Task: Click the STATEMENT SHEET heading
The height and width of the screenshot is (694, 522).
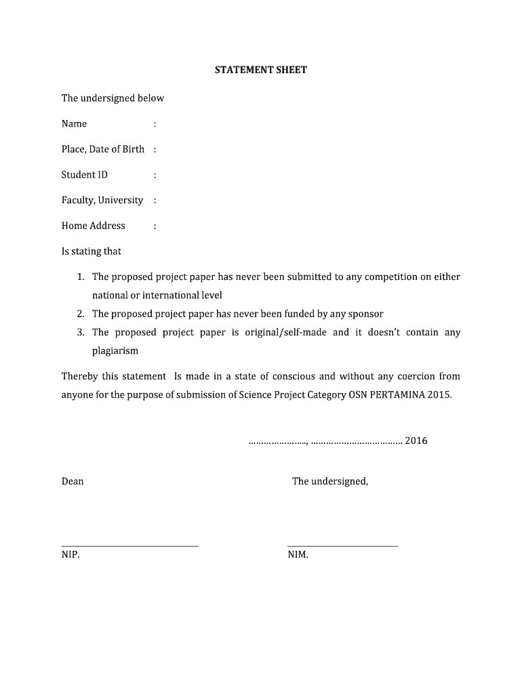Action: point(261,70)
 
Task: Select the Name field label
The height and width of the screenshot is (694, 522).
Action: point(74,124)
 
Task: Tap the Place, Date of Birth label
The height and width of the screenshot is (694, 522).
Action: point(103,149)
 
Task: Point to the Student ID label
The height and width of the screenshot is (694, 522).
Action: point(85,175)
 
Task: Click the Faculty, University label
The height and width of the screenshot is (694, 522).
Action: point(102,200)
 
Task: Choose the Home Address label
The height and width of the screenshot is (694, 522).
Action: point(94,226)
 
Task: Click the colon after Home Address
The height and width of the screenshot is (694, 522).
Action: point(155,226)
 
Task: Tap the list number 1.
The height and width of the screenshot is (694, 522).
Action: point(80,277)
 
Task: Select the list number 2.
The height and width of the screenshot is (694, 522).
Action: point(80,314)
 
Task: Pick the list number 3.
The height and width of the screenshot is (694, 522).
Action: point(80,332)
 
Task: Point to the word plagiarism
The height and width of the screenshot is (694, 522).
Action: point(115,351)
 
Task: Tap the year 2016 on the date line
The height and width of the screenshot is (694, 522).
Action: point(416,441)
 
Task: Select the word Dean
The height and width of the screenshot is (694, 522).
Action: point(73,481)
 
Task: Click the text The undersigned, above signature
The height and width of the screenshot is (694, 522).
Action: point(330,481)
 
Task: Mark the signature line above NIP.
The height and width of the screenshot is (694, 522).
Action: point(129,546)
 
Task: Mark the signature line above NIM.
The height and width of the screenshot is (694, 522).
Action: point(342,546)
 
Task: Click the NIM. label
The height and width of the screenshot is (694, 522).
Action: point(298,555)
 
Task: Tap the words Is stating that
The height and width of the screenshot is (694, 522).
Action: point(92,251)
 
